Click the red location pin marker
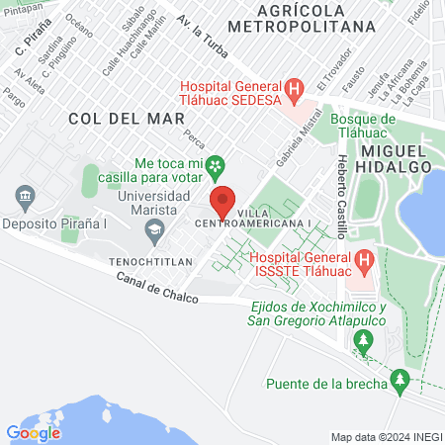pyautogui.click(x=222, y=202)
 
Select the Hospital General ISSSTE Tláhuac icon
pyautogui.click(x=364, y=262)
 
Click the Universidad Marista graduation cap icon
pyautogui.click(x=153, y=231)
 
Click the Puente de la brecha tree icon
pyautogui.click(x=400, y=379)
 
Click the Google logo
pyautogui.click(x=33, y=432)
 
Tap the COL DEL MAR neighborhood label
pyautogui.click(x=113, y=118)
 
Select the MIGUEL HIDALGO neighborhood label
pyautogui.click(x=396, y=158)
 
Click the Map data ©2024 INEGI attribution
pyautogui.click(x=385, y=437)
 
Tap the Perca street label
pyautogui.click(x=194, y=143)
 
